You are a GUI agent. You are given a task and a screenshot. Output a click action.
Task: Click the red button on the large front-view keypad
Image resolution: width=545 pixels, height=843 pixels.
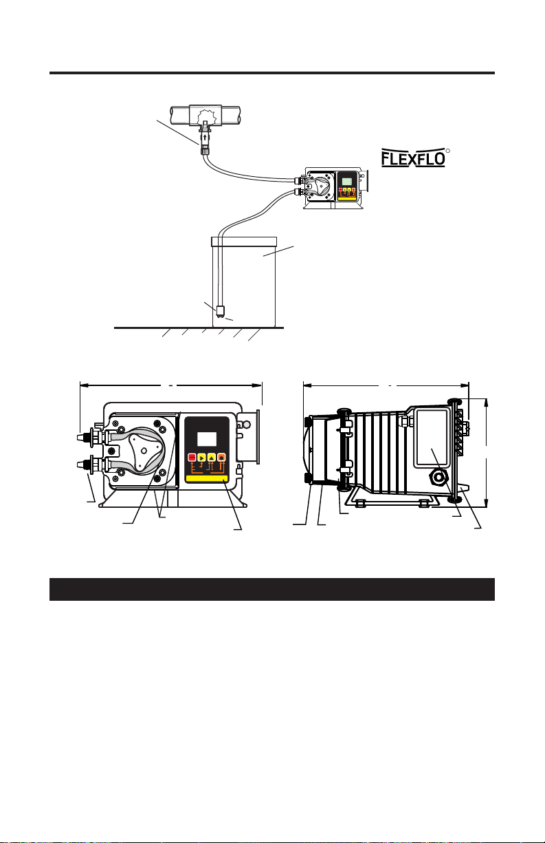192,458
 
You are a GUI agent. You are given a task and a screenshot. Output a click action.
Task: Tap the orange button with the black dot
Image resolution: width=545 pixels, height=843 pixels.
221,458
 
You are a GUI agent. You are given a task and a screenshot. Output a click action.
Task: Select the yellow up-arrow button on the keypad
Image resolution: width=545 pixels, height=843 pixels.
212,458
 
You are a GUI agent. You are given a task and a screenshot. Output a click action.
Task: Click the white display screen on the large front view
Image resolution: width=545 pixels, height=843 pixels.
207,439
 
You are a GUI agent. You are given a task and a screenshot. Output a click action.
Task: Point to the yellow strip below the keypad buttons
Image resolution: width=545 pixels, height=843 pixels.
207,479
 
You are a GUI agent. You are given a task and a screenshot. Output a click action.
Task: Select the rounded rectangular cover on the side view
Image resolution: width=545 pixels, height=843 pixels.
432,438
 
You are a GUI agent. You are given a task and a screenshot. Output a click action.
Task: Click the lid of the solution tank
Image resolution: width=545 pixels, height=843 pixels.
244,242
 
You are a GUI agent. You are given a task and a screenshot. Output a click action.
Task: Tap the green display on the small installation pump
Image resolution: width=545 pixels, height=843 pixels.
346,181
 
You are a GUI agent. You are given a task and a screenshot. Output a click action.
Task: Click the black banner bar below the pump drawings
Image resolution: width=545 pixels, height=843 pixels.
272,589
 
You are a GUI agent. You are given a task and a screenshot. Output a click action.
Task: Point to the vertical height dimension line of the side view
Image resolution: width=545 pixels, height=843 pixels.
487,453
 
